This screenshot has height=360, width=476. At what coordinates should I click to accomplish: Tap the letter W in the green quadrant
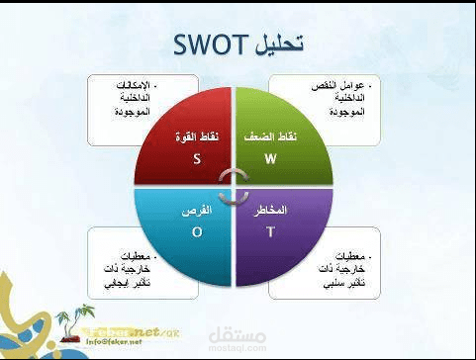270,158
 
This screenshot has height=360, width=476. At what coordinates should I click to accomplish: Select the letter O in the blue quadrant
197,231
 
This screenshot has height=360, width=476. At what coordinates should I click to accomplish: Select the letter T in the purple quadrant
269,231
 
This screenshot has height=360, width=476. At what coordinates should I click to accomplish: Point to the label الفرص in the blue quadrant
198,212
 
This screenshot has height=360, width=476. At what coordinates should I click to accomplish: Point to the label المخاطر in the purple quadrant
270,212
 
